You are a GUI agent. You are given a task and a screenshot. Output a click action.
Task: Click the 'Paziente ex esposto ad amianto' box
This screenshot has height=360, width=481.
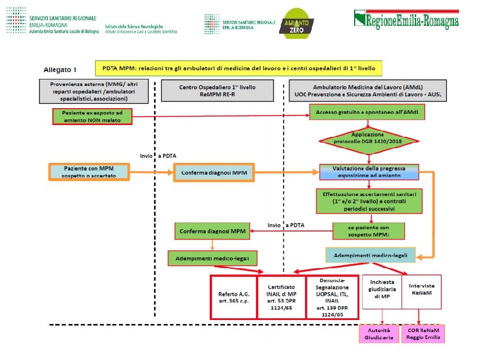point(91,116)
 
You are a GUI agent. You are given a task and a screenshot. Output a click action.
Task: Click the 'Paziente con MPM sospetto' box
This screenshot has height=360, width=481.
point(90,171)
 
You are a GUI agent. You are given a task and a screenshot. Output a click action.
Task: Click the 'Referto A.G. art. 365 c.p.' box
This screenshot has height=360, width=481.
point(233,297)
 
